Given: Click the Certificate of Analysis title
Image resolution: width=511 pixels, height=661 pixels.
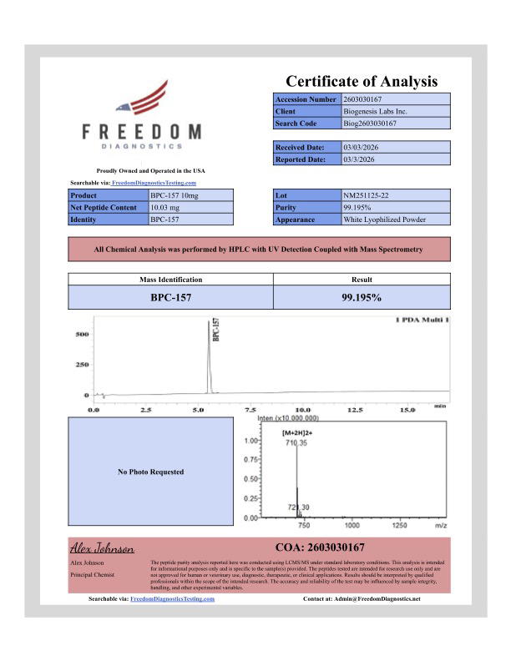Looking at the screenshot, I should coord(362,81).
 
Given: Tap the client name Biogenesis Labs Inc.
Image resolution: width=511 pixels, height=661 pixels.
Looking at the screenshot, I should coord(375,111).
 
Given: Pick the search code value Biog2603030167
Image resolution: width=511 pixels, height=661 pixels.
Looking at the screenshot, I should coord(370,124).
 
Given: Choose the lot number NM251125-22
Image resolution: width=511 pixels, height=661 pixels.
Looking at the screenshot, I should coord(370,195).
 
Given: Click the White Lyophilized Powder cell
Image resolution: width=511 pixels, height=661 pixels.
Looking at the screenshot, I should coord(384,219).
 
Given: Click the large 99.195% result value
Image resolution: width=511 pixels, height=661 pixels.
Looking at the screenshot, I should coord(362,296).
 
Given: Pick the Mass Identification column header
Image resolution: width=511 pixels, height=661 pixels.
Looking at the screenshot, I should coord(169,280).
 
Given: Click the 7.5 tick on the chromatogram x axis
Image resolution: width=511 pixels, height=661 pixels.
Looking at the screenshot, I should coord(250,411).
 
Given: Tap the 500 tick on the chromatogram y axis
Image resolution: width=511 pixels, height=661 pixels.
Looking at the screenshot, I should coord(82,335).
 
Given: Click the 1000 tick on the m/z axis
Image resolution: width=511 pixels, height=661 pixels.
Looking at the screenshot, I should coord(352,526).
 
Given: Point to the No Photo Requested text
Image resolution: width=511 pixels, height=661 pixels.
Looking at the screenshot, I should coord(151,472).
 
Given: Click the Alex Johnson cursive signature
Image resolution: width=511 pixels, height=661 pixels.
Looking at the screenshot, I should coord(102,548).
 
